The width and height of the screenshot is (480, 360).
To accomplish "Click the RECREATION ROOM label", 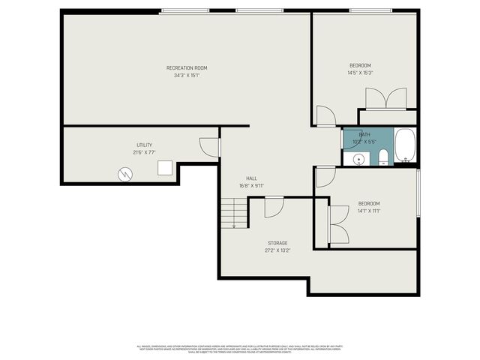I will [x=186, y=67].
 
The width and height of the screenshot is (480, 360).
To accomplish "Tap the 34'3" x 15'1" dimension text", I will [x=186, y=75].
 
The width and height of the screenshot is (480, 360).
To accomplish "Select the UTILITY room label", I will [x=144, y=145].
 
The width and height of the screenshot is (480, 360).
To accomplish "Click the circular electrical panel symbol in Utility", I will [x=124, y=174].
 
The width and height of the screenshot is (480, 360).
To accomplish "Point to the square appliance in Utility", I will [x=165, y=169].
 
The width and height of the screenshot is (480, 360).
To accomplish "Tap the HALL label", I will [x=251, y=178].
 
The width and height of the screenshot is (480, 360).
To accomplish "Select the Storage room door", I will [x=274, y=206].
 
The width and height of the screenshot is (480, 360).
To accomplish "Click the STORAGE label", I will [x=277, y=243].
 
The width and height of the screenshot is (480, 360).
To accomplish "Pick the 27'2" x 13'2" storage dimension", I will [x=277, y=250].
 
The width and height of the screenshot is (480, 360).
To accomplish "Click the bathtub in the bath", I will [x=404, y=146].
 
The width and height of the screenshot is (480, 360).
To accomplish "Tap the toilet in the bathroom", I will [x=382, y=156].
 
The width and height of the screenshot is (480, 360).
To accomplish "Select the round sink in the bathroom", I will [x=358, y=158].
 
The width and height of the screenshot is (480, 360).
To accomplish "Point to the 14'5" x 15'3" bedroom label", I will [x=360, y=73].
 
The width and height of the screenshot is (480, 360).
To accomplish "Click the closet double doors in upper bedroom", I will [x=386, y=99].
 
